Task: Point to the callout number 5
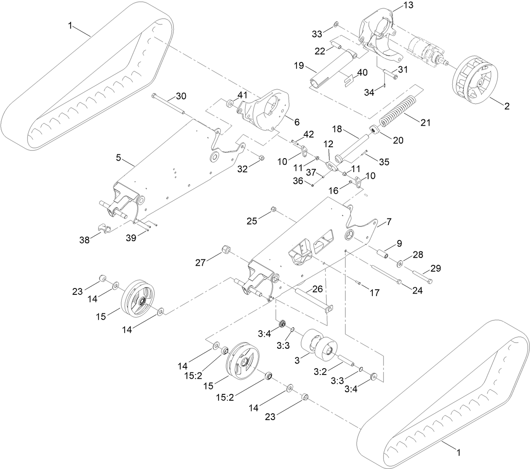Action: [x=118, y=158]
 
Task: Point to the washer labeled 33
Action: [x=335, y=24]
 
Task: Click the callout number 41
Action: [x=242, y=96]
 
